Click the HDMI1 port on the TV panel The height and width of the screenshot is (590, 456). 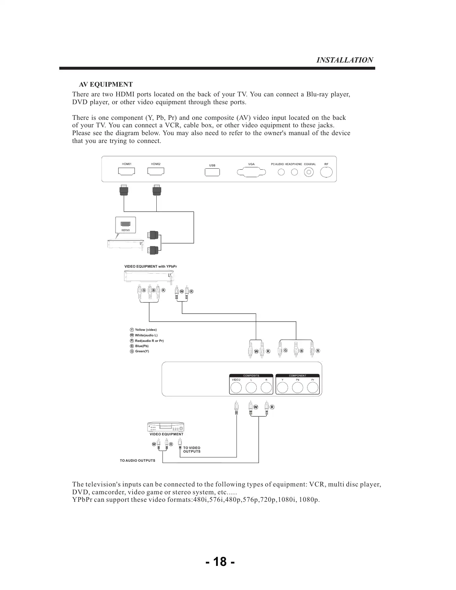pyautogui.click(x=126, y=172)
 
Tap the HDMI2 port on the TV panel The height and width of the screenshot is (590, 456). pyautogui.click(x=156, y=172)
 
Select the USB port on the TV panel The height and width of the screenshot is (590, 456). pyautogui.click(x=212, y=172)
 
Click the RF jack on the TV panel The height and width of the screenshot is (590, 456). pyautogui.click(x=326, y=172)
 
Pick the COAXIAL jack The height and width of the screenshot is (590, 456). pyautogui.click(x=309, y=172)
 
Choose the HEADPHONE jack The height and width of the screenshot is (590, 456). pyautogui.click(x=294, y=172)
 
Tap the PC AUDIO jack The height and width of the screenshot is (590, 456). pyautogui.click(x=281, y=172)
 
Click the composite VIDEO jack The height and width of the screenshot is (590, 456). pyautogui.click(x=236, y=387)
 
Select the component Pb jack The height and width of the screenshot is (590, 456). pyautogui.click(x=297, y=387)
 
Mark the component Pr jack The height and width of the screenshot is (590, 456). pyautogui.click(x=313, y=387)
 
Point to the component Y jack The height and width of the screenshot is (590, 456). pyautogui.click(x=282, y=387)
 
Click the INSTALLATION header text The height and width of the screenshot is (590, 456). pyautogui.click(x=345, y=60)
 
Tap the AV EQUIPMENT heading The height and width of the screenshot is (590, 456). pyautogui.click(x=106, y=85)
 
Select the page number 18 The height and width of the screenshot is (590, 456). pyautogui.click(x=220, y=561)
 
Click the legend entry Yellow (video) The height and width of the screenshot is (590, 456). pyautogui.click(x=146, y=330)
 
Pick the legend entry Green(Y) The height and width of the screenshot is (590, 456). pyautogui.click(x=142, y=351)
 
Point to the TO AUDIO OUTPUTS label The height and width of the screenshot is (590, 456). pyautogui.click(x=137, y=461)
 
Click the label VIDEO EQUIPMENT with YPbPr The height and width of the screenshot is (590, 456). pyautogui.click(x=150, y=266)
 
